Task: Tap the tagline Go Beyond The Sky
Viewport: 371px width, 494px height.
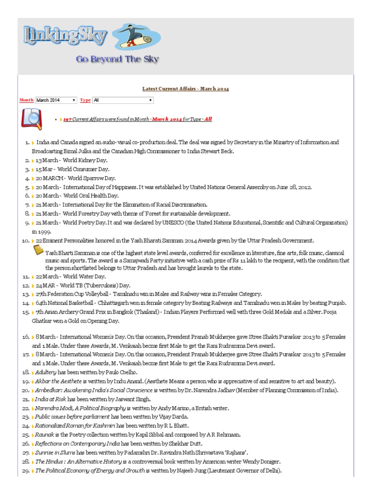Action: point(117,59)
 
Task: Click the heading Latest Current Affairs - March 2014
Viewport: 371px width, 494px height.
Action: point(185,89)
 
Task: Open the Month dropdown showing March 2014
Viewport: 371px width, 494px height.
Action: point(56,100)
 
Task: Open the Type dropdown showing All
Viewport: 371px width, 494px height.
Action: point(123,100)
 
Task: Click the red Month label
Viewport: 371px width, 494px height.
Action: point(26,100)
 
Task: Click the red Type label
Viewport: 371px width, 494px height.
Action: point(85,100)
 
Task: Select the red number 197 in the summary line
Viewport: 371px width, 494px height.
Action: point(68,119)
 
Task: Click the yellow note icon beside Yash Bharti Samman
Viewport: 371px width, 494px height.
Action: point(38,249)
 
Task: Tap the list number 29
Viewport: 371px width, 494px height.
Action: point(26,471)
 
